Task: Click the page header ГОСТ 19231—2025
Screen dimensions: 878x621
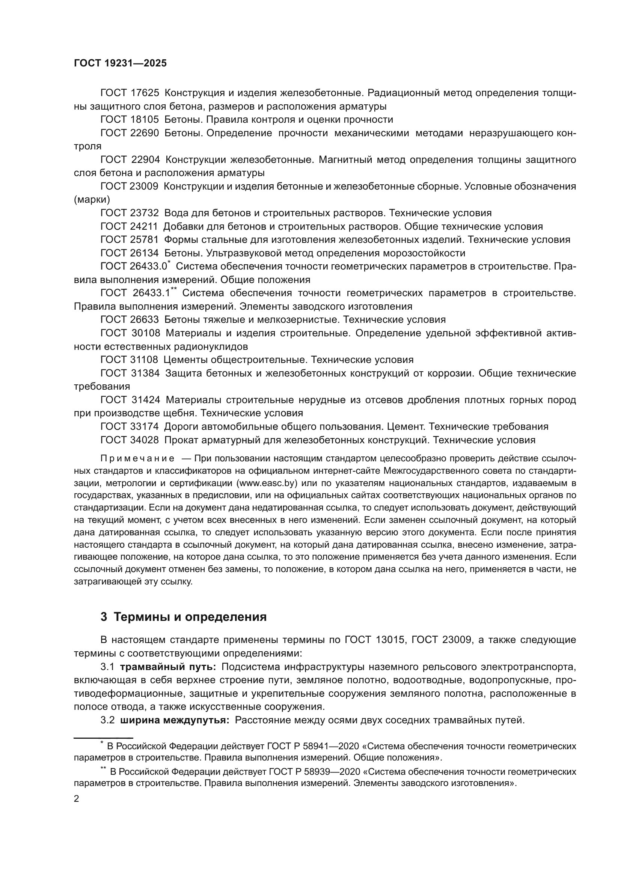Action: [120, 63]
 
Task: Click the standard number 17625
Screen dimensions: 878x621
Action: [145, 93]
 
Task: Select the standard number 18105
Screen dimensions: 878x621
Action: [145, 120]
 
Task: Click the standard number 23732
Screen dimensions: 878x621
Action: [145, 213]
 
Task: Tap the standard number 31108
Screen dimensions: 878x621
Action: [144, 360]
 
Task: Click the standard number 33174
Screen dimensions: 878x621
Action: [145, 427]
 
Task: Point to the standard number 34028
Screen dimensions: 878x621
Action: [145, 440]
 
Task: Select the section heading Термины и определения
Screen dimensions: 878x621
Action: [190, 617]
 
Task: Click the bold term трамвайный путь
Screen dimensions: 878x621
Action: [168, 667]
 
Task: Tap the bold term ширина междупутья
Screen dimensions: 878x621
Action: [175, 720]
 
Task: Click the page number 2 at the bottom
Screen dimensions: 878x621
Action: [77, 799]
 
